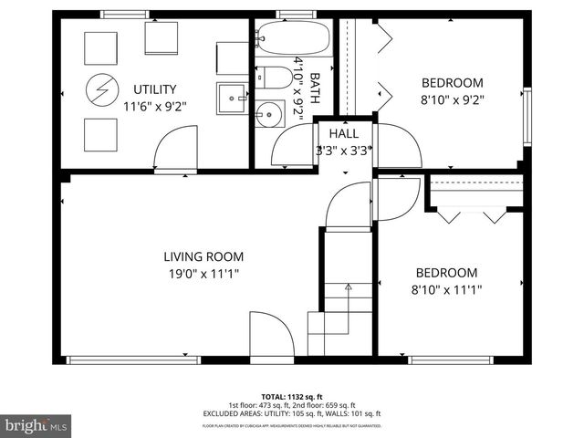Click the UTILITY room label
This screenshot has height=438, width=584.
pyautogui.click(x=154, y=89)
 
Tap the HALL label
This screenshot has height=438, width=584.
pyautogui.click(x=344, y=133)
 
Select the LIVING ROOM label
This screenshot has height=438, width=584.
pyautogui.click(x=203, y=257)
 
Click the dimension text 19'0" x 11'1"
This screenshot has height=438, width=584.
pyautogui.click(x=203, y=274)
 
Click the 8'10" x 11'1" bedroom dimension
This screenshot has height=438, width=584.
pyautogui.click(x=447, y=289)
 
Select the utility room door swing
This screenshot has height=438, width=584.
pyautogui.click(x=175, y=150)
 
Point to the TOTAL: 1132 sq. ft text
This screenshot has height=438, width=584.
pyautogui.click(x=292, y=397)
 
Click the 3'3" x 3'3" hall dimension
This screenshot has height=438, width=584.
pyautogui.click(x=344, y=151)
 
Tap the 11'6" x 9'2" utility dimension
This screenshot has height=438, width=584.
pyautogui.click(x=154, y=106)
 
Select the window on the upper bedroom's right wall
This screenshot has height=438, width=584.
pyautogui.click(x=526, y=116)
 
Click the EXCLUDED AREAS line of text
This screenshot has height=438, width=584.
pyautogui.click(x=292, y=413)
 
